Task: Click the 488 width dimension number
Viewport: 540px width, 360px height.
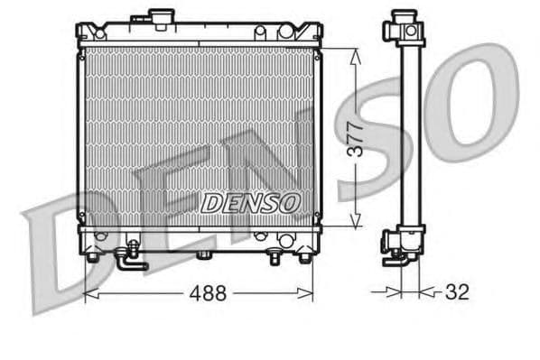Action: pyautogui.click(x=208, y=293)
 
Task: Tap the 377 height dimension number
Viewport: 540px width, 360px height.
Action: pyautogui.click(x=358, y=139)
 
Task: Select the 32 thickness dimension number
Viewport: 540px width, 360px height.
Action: pyautogui.click(x=457, y=292)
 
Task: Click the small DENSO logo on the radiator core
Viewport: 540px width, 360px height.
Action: pyautogui.click(x=248, y=203)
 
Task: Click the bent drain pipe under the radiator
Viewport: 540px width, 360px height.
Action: pyautogui.click(x=129, y=262)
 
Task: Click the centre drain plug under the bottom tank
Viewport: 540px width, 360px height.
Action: pyautogui.click(x=204, y=255)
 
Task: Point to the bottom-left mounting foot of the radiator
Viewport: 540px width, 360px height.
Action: pyautogui.click(x=91, y=256)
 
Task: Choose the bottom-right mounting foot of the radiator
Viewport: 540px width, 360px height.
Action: pyautogui.click(x=304, y=257)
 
